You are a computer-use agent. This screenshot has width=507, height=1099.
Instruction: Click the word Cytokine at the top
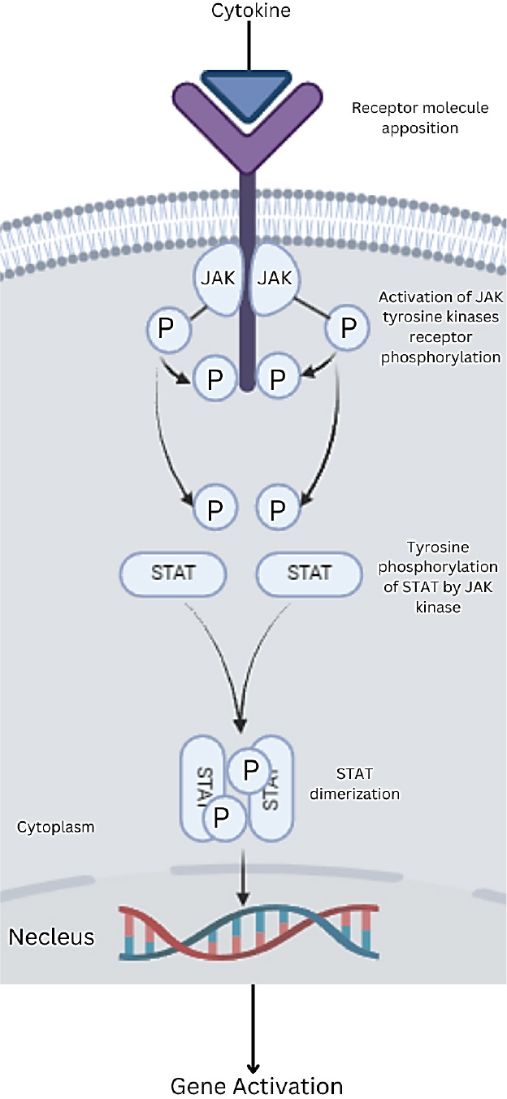pyautogui.click(x=251, y=11)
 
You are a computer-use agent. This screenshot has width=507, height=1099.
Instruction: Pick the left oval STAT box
pyautogui.click(x=174, y=572)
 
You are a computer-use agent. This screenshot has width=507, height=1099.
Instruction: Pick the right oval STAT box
pyautogui.click(x=310, y=572)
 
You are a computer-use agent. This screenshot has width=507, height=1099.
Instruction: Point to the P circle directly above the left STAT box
pyautogui.click(x=214, y=509)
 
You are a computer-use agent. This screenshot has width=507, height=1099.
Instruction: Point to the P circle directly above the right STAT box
pyautogui.click(x=278, y=509)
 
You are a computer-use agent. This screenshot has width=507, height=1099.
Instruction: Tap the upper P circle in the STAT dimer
pyautogui.click(x=249, y=769)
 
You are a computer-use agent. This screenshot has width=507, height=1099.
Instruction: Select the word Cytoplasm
pyautogui.click(x=55, y=828)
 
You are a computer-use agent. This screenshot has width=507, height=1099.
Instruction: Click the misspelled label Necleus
pyautogui.click(x=51, y=937)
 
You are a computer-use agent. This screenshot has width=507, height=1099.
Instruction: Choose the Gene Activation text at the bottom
pyautogui.click(x=256, y=1085)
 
